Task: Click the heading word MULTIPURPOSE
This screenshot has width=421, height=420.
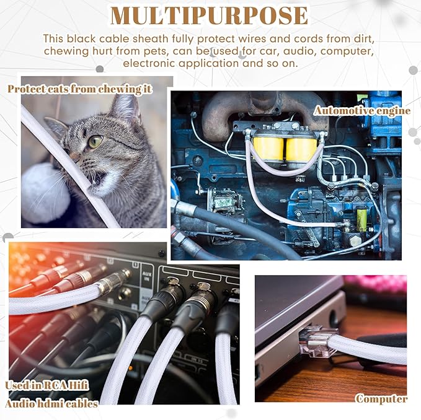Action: [209, 16]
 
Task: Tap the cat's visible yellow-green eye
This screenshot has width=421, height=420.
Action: [95, 141]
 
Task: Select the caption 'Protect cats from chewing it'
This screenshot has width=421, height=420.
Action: [80, 89]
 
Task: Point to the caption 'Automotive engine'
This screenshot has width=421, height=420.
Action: [362, 111]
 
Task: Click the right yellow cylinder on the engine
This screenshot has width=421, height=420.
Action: [301, 149]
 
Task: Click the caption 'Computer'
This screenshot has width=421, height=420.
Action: [381, 399]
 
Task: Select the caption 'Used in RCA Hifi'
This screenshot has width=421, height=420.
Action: [47, 386]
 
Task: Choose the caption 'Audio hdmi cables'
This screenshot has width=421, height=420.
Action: [51, 404]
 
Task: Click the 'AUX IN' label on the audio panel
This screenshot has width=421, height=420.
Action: [146, 276]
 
